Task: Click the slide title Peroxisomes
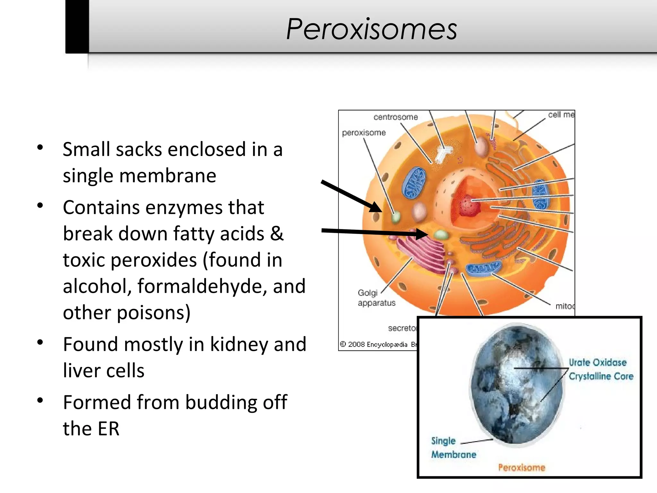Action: pyautogui.click(x=371, y=29)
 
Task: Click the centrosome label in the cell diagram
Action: pyautogui.click(x=396, y=117)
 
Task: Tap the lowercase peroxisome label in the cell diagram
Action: pyautogui.click(x=363, y=133)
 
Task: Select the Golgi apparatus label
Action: pyautogui.click(x=376, y=298)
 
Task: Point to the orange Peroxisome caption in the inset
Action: pyautogui.click(x=522, y=467)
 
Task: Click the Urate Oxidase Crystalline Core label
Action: pyautogui.click(x=601, y=369)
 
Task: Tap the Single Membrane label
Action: pyautogui.click(x=453, y=447)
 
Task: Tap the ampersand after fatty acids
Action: pyautogui.click(x=277, y=233)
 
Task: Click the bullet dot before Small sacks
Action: pyautogui.click(x=40, y=148)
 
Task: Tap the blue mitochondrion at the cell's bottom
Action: pyautogui.click(x=483, y=269)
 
